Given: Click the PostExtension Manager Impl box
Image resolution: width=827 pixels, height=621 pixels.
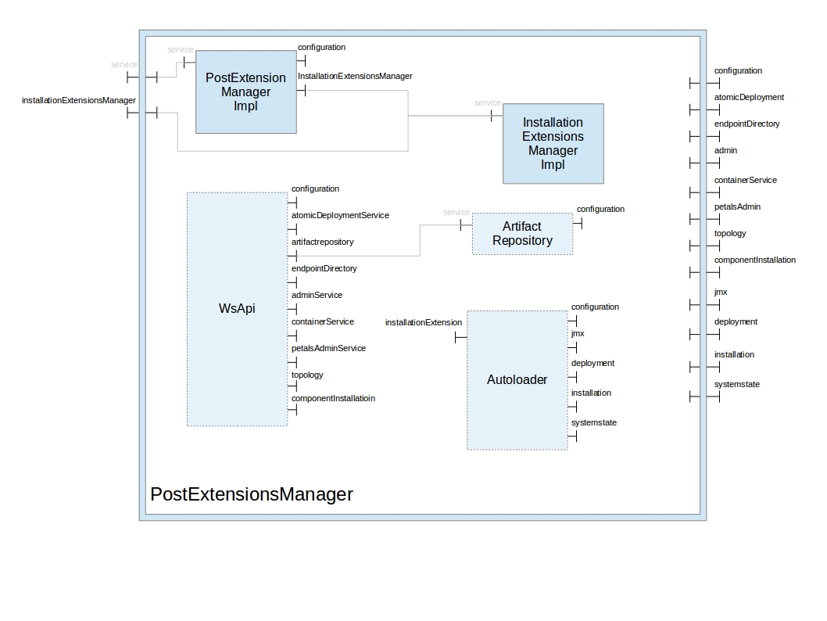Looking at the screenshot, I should (x=245, y=92).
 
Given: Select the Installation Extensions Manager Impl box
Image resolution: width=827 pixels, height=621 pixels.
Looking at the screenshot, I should (x=553, y=143).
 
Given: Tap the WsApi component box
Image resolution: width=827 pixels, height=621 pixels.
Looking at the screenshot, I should (x=237, y=308).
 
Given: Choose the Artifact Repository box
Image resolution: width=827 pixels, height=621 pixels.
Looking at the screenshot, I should (x=522, y=233).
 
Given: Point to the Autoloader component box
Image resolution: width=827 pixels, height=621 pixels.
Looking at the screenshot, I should (x=517, y=379).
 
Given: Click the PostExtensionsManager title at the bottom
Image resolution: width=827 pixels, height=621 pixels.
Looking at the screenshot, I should (x=251, y=494).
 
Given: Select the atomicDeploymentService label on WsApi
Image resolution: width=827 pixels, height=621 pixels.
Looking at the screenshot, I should (x=340, y=215).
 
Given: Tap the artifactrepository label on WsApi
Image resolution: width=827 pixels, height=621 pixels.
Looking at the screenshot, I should (x=322, y=242).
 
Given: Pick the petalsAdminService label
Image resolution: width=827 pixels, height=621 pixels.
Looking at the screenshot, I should (x=328, y=348).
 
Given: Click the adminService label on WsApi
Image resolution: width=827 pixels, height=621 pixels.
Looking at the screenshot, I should (x=317, y=295).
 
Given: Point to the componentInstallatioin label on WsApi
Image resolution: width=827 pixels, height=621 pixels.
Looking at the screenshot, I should (x=333, y=398).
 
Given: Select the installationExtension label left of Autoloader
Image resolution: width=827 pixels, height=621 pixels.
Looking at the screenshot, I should (x=423, y=322).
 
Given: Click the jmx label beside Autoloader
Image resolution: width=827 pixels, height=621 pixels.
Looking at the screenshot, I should (x=578, y=333).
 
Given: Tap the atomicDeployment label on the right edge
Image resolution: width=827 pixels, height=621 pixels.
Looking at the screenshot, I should (x=749, y=97).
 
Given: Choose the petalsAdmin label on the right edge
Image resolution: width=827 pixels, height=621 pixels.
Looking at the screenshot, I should (x=737, y=206).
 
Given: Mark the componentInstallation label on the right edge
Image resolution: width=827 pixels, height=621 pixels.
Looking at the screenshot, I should (x=754, y=260).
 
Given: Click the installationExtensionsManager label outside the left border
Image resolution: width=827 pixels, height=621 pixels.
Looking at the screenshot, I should (x=78, y=100).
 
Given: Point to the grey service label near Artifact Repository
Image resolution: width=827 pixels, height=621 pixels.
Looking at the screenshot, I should (x=456, y=212).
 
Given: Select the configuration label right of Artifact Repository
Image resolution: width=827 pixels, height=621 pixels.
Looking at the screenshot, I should (x=600, y=209).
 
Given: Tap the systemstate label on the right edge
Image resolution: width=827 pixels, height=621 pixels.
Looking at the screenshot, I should (x=736, y=384).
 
